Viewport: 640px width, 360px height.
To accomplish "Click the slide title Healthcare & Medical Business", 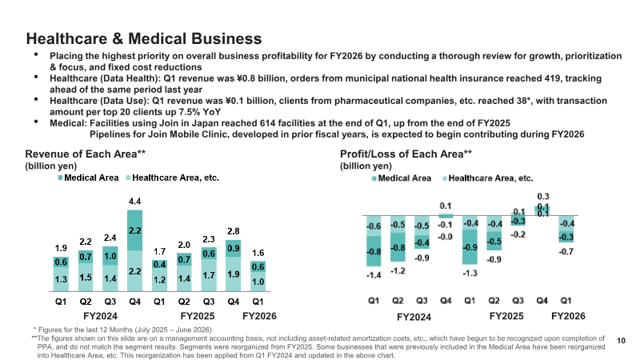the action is click(144, 38).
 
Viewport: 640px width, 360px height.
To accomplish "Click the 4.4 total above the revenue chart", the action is click(134, 202).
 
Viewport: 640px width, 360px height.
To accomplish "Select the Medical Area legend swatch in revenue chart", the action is click(61, 178).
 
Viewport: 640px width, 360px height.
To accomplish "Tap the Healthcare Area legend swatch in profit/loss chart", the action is click(445, 178).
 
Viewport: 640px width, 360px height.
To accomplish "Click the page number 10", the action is click(621, 341).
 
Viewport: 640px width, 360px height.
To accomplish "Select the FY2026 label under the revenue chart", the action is click(259, 316).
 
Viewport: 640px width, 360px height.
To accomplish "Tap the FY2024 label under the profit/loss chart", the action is click(414, 317).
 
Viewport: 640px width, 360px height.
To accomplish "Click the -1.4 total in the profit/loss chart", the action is click(374, 275).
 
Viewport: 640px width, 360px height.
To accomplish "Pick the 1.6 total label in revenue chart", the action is click(258, 253).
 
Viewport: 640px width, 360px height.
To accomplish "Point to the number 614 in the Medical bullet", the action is click(267, 123).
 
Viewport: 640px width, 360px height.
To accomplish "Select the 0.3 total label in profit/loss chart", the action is click(543, 197).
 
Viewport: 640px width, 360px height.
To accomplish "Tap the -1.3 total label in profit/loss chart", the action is click(470, 273).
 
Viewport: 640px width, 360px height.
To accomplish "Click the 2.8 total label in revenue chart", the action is click(233, 231).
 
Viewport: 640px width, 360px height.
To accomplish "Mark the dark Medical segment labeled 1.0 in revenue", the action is click(110, 255).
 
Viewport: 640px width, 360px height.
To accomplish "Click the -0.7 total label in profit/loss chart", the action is click(566, 252).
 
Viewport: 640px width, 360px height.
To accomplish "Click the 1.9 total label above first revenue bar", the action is click(61, 248).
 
